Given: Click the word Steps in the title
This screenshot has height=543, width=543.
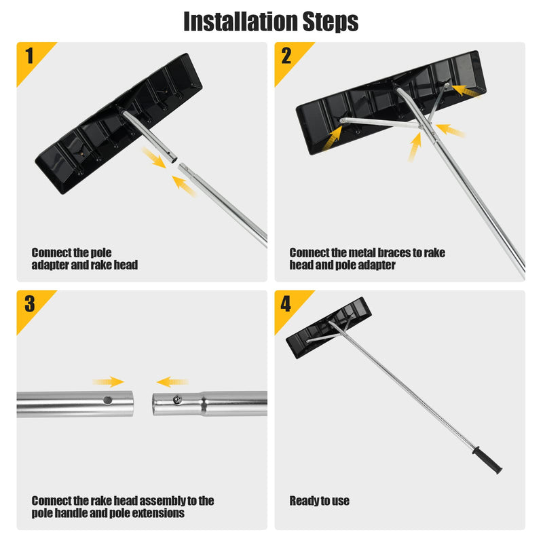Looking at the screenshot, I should pos(326,21).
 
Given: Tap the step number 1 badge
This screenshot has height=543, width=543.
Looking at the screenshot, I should pos(29,55).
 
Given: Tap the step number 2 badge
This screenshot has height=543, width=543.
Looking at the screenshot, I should pos(286,55).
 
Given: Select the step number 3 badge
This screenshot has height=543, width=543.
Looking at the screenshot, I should pos(29,303).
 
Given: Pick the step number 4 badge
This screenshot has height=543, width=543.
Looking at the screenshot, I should pos(286,303).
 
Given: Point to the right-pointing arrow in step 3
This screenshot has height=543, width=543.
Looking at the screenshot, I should pos(109,381).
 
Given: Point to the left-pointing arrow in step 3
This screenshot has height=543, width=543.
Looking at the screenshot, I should pos(172,381).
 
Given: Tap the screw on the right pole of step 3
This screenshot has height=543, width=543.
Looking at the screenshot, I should pos(178,401).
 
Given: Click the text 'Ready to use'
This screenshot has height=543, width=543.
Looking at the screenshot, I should pos(319,501).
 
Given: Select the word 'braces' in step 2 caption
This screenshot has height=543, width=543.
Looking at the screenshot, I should pos(386,252).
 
